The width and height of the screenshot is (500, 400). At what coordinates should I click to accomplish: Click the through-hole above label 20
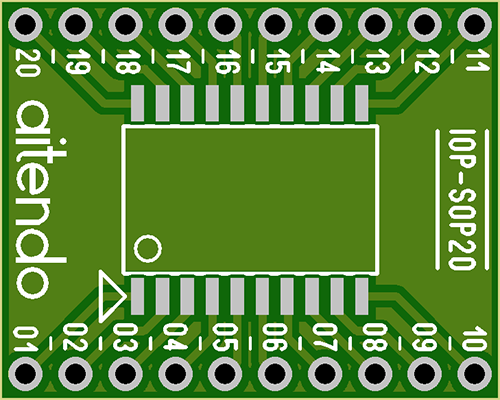[25, 25]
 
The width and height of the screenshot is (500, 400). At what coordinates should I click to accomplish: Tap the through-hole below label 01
[25, 373]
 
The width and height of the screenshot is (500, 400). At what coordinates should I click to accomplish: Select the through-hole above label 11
[475, 25]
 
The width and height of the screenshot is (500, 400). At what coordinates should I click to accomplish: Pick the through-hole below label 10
[475, 373]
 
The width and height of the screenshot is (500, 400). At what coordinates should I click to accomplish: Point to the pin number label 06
[275, 337]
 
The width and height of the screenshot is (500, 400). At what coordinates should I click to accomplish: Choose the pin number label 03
[125, 337]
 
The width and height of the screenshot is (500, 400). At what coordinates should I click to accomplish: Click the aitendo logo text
[41, 199]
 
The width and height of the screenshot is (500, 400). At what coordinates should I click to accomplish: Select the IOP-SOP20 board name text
[461, 199]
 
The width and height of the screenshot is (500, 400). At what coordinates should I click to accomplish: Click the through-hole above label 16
[225, 25]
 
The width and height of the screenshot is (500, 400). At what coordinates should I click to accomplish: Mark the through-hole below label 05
[225, 373]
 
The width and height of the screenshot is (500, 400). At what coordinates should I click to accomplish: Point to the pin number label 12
[427, 61]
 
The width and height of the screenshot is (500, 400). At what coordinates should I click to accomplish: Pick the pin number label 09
[424, 337]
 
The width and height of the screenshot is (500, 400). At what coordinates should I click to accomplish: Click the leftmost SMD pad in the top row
[137, 103]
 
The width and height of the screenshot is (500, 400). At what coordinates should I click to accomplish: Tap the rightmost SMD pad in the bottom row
[362, 296]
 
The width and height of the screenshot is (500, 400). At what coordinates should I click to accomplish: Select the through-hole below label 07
[325, 373]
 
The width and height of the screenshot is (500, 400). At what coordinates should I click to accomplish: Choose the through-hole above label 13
[375, 25]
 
